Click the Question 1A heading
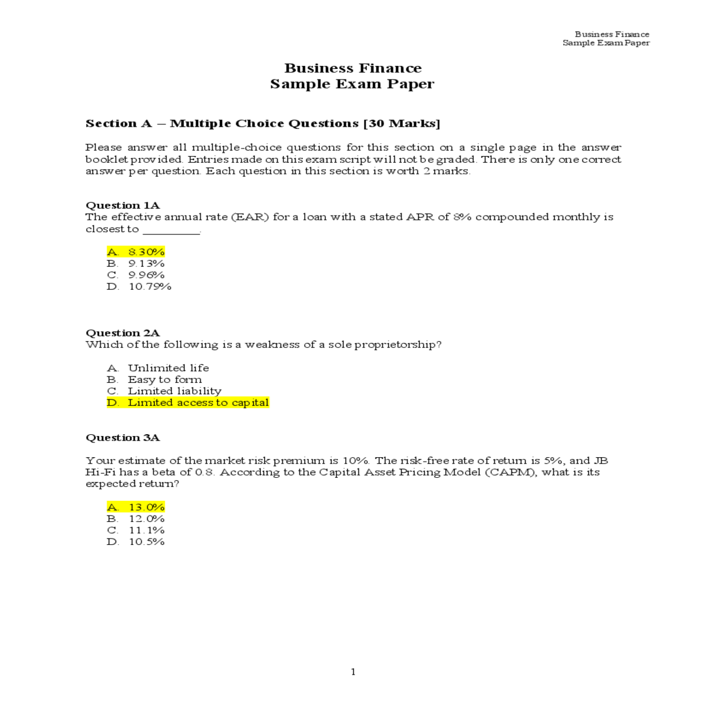pyautogui.click(x=123, y=206)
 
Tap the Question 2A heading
pyautogui.click(x=123, y=333)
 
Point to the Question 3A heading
pyautogui.click(x=123, y=438)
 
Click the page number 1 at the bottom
pyautogui.click(x=353, y=672)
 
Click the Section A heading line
pyautogui.click(x=263, y=124)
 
